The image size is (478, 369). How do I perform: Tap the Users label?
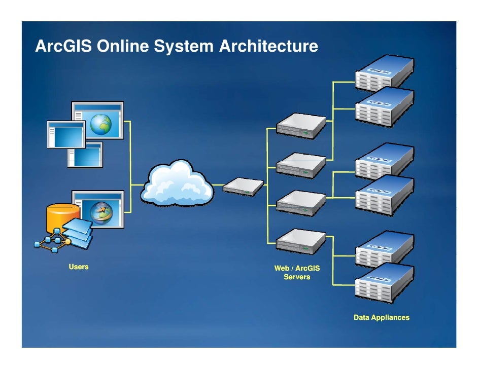79,267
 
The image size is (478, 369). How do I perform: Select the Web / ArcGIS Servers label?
297,273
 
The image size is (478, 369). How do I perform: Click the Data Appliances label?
381,318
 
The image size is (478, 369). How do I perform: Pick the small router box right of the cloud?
243,187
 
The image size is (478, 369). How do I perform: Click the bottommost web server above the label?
301,241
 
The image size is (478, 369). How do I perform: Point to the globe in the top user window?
101,124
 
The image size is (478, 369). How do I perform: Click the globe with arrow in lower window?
101,213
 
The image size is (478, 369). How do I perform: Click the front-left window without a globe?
65,134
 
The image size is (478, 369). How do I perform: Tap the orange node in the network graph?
67,242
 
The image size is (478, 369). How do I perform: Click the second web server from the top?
301,165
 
